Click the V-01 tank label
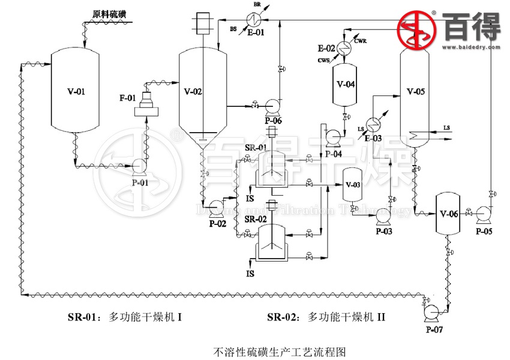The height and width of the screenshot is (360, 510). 77,92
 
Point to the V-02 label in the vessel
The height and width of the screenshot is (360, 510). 193,92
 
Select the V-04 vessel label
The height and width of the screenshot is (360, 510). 346,85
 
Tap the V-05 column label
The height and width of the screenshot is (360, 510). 416,92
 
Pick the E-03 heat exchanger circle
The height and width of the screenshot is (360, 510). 374,124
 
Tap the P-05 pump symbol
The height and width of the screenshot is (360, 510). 482,213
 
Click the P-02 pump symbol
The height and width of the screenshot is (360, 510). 217,208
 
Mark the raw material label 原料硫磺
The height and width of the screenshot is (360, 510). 109,13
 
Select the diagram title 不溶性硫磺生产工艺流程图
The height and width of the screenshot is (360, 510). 280,350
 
